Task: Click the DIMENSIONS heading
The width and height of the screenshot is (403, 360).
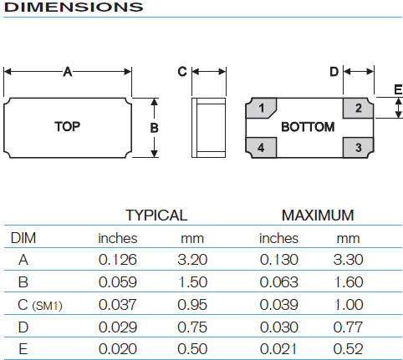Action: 74,7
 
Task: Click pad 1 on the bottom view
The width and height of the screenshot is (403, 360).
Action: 261,108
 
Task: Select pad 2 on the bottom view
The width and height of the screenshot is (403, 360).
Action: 358,108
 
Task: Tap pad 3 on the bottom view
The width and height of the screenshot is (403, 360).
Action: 358,148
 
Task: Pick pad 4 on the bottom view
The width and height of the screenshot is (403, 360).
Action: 261,148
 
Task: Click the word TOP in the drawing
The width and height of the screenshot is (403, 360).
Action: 68,127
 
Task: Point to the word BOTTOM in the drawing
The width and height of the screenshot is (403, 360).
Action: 308,127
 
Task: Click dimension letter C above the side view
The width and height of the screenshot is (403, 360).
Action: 182,72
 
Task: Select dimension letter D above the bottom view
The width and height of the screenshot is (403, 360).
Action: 334,72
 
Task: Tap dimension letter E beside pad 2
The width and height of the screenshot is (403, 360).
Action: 398,89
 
